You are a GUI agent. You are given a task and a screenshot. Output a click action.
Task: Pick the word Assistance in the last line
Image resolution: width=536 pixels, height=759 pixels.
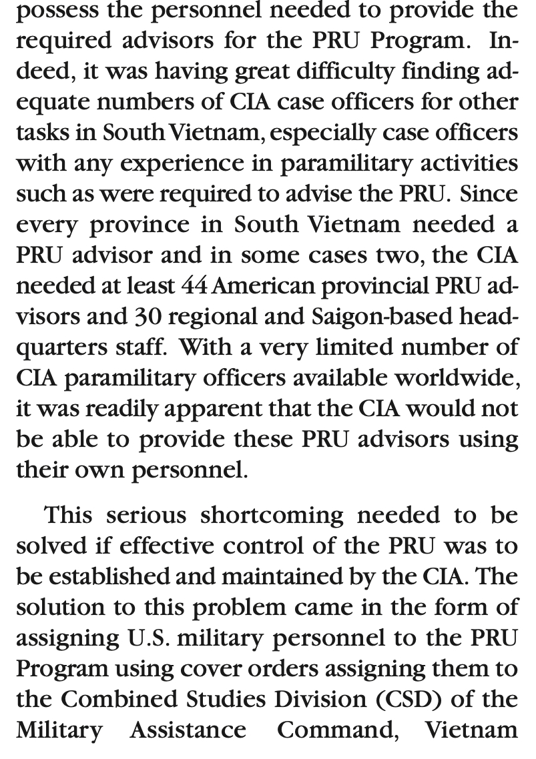click(188, 729)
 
